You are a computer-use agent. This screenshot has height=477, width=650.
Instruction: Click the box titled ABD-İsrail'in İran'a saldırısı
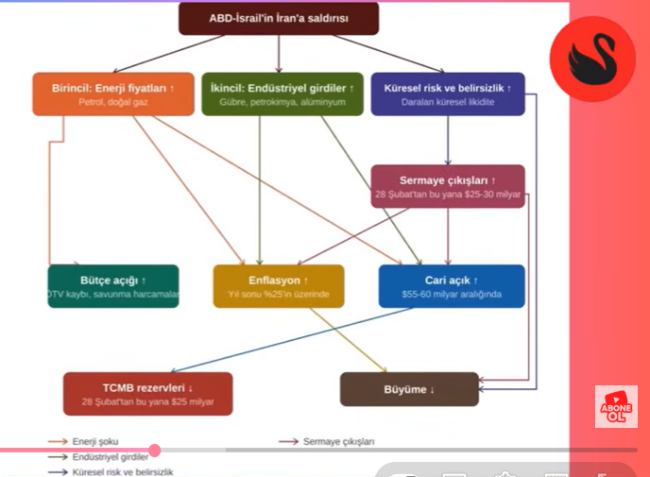[x=278, y=18]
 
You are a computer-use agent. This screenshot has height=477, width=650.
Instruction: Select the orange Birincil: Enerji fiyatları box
[x=106, y=94]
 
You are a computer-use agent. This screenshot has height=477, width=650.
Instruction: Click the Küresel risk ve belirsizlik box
[x=447, y=94]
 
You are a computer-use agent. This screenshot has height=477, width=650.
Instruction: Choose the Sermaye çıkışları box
[x=447, y=186]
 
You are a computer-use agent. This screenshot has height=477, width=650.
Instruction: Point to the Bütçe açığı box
[x=113, y=286]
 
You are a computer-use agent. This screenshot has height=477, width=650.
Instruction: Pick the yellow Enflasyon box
[x=278, y=286]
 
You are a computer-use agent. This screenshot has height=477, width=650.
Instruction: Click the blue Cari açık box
[x=451, y=286]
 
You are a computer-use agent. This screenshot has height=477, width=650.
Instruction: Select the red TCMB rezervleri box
[x=147, y=394]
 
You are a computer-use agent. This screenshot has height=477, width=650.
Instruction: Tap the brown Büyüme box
[x=409, y=389]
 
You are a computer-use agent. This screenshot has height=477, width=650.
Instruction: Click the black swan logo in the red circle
[x=592, y=59]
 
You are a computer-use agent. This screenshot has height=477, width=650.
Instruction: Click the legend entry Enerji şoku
[x=95, y=441]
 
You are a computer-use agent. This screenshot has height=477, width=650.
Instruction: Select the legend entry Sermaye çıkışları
[x=338, y=441]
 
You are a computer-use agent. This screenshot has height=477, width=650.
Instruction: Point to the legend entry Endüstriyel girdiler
[x=110, y=456]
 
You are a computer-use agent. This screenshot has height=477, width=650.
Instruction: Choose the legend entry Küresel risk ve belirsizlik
[x=123, y=471]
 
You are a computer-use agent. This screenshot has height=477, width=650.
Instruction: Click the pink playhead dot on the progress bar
[x=155, y=451]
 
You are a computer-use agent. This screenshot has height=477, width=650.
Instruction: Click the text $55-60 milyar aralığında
[x=451, y=295]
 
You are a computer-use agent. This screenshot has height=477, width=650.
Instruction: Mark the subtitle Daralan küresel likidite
[x=447, y=101]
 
